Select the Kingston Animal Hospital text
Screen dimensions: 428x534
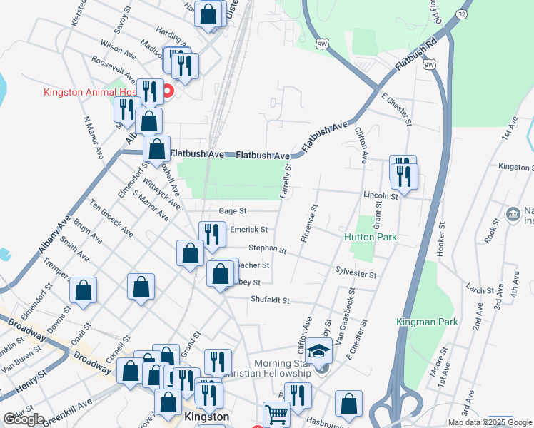point(100,91)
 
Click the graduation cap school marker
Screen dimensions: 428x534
point(318,352)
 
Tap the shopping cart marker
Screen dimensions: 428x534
point(276,414)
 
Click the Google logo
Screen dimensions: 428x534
point(24,419)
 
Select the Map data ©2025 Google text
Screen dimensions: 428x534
point(490,422)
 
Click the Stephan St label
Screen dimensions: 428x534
point(267,249)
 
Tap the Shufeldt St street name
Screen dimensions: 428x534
point(269,301)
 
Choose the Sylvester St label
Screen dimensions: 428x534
point(356,271)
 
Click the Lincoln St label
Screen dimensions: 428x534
point(379,195)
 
